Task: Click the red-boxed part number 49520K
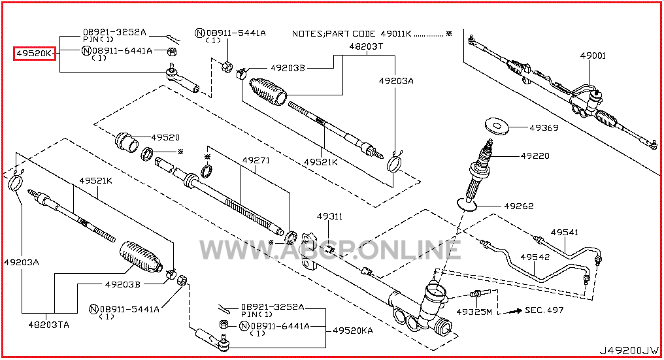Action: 35,53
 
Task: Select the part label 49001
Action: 593,56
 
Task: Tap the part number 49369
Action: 544,128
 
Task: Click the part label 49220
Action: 535,156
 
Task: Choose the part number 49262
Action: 518,206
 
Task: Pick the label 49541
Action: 564,232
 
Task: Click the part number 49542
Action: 535,257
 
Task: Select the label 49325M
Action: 473,312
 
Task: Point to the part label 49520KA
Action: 353,331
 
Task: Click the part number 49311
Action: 330,216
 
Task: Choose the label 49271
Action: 256,160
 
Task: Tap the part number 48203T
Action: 365,47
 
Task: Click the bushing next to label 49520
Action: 125,140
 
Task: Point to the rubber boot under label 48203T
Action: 269,91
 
